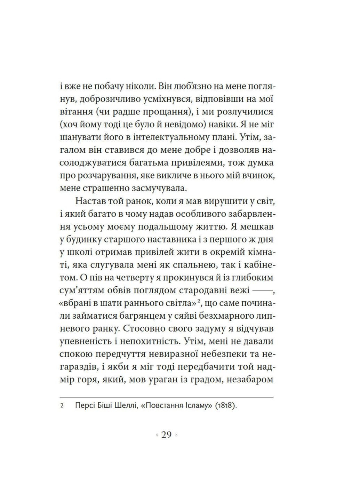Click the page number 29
167,435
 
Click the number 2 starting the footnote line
62,406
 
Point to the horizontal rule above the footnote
167,396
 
